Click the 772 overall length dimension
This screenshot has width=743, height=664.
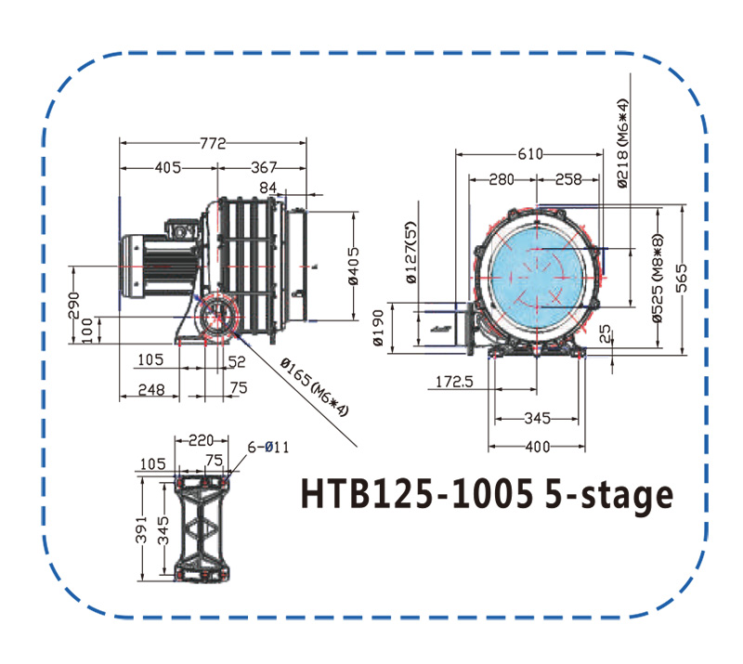[x=214, y=143]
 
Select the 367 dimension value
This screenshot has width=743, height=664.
[x=264, y=168]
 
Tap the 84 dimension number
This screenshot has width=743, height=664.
[x=267, y=189]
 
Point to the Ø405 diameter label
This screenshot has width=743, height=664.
[x=354, y=266]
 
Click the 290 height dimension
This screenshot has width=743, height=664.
[x=73, y=306]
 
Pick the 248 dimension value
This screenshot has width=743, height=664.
[x=151, y=390]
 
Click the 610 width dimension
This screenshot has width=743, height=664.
[x=530, y=154]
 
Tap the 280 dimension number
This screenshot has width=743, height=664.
[x=502, y=179]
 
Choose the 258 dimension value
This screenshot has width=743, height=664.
[x=568, y=179]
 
